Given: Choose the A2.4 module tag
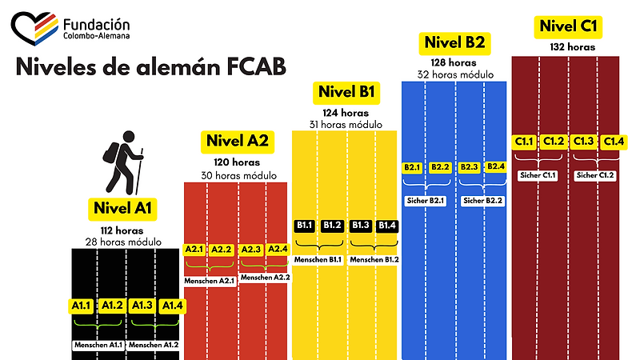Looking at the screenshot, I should point(278,250).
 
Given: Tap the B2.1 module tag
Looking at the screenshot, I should point(413,167).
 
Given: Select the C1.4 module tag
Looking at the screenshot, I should point(613,142).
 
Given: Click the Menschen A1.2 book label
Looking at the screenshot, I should point(154,345).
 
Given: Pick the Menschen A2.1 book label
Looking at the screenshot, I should point(210,281).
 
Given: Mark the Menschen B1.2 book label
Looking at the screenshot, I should point(374,260).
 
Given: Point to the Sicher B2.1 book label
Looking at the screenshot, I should point(426,200).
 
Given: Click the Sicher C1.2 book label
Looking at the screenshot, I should point(596,174).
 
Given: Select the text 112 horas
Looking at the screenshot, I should point(122,230).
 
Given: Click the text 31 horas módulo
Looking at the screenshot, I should point(346,124).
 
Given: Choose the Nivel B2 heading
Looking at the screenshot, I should point(454,42).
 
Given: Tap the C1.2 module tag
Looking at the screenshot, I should point(554,142).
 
